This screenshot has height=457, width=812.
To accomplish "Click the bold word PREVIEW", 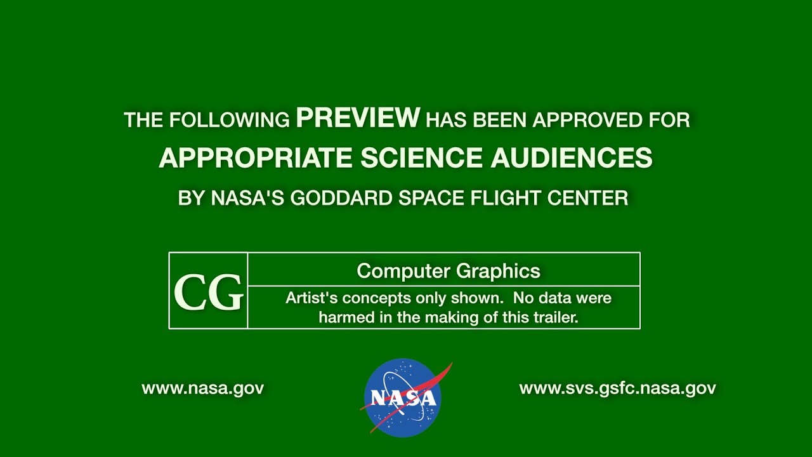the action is [x=358, y=117].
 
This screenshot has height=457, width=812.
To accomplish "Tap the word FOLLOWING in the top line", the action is [x=230, y=120].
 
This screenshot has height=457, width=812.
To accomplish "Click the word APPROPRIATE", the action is [x=256, y=158].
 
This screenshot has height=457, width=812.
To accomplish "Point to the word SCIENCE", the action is [x=422, y=158].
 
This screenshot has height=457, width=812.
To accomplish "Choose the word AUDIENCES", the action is [x=572, y=158].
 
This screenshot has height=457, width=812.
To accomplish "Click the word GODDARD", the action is [x=341, y=199].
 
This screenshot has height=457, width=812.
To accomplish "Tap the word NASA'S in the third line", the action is [x=247, y=199].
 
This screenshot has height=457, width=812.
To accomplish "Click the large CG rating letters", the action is [x=209, y=293].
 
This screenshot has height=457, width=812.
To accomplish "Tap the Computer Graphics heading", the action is [x=449, y=271].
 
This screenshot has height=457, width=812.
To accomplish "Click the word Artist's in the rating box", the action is [x=311, y=298].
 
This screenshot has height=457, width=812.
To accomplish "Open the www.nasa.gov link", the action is [x=202, y=388].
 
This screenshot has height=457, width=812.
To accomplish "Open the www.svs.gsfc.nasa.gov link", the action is [x=618, y=388].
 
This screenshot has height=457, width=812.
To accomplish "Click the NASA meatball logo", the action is [x=403, y=397].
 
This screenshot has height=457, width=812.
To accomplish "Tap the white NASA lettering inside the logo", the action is [x=403, y=398].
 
